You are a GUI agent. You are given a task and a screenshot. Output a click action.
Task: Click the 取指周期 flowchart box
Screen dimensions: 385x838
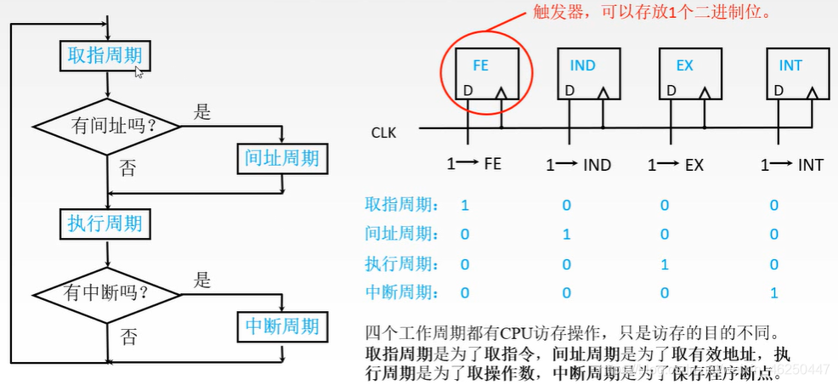click(x=106, y=56)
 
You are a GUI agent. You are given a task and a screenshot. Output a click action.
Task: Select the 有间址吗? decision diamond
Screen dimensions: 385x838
click(x=107, y=127)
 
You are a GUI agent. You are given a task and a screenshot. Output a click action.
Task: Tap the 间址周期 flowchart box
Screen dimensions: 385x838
click(x=281, y=157)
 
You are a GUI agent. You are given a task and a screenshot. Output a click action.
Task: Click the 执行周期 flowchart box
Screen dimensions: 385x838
click(x=106, y=224)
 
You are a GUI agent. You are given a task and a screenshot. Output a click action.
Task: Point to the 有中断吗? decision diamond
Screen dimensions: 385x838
click(x=107, y=294)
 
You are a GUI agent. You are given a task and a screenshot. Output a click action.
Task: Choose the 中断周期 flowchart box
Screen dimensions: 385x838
click(x=281, y=326)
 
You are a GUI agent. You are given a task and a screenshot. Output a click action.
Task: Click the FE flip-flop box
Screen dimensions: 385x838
click(x=482, y=74)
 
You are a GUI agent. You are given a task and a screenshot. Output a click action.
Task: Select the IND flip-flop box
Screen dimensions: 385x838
click(x=583, y=74)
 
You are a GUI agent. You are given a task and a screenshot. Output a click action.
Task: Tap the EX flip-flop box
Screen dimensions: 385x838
click(x=685, y=74)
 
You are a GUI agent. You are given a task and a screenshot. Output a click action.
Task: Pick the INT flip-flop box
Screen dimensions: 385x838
click(x=790, y=74)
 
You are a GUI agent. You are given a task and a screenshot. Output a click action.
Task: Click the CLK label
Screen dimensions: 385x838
click(x=383, y=133)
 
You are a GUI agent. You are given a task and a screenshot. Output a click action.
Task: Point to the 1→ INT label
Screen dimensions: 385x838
click(x=791, y=165)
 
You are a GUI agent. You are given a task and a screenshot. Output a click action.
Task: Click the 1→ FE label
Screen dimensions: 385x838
click(x=474, y=164)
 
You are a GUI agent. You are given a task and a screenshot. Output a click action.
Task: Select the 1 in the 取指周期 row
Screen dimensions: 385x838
click(x=465, y=205)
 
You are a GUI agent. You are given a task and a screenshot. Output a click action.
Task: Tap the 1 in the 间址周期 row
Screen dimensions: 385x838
click(x=567, y=234)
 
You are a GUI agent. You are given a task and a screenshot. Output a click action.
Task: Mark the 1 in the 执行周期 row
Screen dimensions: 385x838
click(x=665, y=263)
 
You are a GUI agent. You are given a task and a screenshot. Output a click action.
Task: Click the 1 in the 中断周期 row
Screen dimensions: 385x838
click(x=773, y=292)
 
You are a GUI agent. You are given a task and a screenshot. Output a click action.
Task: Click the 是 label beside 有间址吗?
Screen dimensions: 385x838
click(x=202, y=111)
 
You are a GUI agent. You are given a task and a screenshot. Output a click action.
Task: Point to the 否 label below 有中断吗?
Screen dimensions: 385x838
click(x=128, y=337)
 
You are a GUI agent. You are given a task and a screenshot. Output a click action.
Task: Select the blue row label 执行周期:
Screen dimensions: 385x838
click(x=403, y=263)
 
